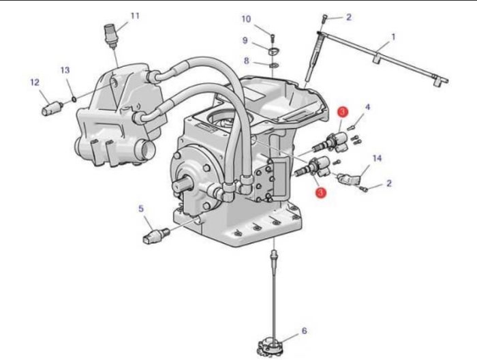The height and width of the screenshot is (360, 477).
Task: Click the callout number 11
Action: click(x=135, y=16)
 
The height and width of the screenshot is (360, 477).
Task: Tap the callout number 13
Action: click(x=65, y=70)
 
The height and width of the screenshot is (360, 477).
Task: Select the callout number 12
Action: click(x=35, y=82)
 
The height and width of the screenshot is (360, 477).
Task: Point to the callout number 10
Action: click(x=246, y=19)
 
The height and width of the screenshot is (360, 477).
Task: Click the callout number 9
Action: click(x=245, y=40)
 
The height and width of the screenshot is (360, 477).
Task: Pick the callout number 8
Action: click(x=247, y=61)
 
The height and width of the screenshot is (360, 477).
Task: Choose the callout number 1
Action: click(x=393, y=37)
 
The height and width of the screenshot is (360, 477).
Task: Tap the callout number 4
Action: click(x=367, y=107)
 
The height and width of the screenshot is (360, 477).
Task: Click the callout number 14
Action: click(x=377, y=158)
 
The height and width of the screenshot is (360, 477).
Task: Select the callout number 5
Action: click(x=141, y=209)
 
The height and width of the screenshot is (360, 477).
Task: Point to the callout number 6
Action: click(x=304, y=331)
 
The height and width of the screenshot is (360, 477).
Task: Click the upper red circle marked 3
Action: click(x=343, y=112)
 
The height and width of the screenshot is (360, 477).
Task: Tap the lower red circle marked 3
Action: click(x=321, y=193)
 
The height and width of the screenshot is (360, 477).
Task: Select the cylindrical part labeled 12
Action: click(x=52, y=108)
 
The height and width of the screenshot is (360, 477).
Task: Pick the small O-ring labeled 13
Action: click(x=74, y=99)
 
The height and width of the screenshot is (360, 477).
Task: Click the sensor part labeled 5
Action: click(x=155, y=236)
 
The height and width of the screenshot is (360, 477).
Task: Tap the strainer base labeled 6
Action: click(x=270, y=347)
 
